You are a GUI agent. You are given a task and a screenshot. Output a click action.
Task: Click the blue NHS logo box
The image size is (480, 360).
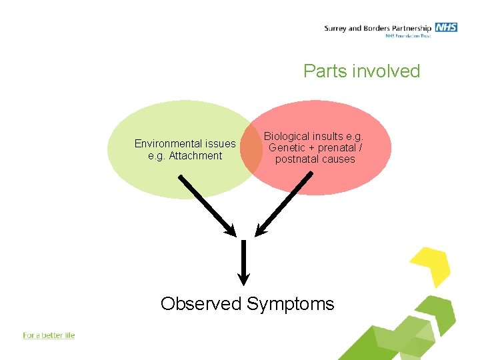pyautogui.click(x=446, y=27)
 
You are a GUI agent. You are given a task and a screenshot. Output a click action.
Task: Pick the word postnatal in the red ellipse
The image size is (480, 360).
pyautogui.click(x=295, y=159)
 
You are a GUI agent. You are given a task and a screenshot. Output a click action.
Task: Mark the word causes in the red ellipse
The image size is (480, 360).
pyautogui.click(x=337, y=159)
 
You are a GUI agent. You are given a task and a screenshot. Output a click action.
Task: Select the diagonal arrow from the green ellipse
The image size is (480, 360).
pyautogui.click(x=207, y=205)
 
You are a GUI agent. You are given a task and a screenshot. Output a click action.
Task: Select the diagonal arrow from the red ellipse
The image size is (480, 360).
pyautogui.click(x=284, y=204)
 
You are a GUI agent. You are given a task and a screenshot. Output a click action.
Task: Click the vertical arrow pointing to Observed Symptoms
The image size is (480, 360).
pyautogui.click(x=244, y=261)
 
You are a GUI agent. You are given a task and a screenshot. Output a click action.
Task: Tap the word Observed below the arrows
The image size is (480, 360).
pyautogui.click(x=201, y=304)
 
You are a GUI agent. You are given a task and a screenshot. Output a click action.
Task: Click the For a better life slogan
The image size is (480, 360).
pyautogui.click(x=49, y=335)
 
